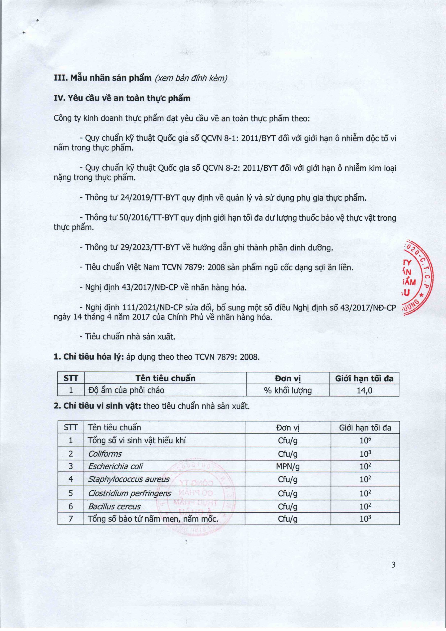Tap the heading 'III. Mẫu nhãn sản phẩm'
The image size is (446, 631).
[x=103, y=78]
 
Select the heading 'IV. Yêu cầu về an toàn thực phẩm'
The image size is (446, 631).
[x=122, y=98]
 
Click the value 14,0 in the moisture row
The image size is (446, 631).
[x=364, y=390]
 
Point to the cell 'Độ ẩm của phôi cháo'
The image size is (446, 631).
[x=126, y=390]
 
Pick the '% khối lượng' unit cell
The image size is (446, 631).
[x=288, y=390]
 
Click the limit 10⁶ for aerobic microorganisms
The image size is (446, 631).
[x=365, y=441]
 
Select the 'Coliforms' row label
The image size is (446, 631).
[x=105, y=454]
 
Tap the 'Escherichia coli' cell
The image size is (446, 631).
[x=115, y=466]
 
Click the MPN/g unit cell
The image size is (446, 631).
[x=288, y=466]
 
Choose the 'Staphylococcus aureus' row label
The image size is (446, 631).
[x=129, y=479]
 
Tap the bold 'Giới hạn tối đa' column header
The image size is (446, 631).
[x=364, y=378]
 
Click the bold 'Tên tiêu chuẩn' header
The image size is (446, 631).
[x=165, y=378]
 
